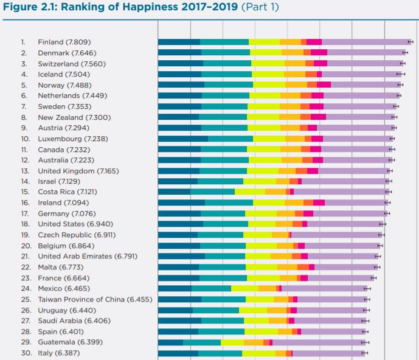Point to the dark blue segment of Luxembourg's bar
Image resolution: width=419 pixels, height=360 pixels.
point(182,139)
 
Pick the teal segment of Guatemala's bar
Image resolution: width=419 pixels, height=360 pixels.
point(201,342)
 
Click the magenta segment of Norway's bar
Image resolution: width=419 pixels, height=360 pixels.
point(324,85)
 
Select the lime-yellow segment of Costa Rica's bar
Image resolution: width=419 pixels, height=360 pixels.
point(249,192)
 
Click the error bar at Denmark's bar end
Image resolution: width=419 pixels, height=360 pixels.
point(406,53)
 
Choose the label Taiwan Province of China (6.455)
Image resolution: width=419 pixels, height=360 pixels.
point(95,299)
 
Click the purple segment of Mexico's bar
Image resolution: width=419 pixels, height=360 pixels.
point(323,288)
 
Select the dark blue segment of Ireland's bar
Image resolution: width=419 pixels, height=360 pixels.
point(181,202)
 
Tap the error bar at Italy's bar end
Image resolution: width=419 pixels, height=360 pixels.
point(364,353)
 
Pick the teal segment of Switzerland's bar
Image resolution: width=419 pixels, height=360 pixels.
point(227,63)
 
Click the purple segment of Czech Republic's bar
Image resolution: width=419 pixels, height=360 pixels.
point(336,235)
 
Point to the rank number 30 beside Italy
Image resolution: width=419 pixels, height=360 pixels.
point(26,353)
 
